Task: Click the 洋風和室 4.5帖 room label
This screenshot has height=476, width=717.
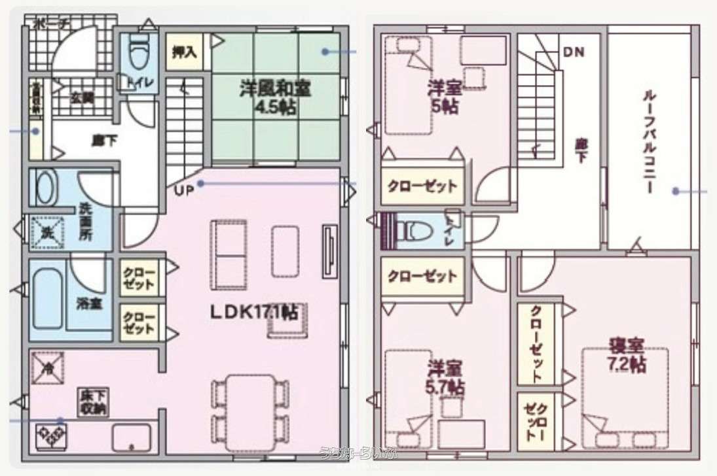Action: [275, 97]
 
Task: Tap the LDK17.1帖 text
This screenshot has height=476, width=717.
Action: [254, 313]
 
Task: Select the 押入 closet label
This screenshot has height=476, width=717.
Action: [185, 54]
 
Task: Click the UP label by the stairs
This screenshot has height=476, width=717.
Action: [183, 190]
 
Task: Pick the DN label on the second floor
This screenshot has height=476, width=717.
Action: [574, 52]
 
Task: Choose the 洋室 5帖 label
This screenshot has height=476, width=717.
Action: [443, 96]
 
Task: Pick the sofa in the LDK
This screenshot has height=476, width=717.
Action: [229, 250]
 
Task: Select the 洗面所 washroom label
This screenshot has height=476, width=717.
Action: [86, 223]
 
